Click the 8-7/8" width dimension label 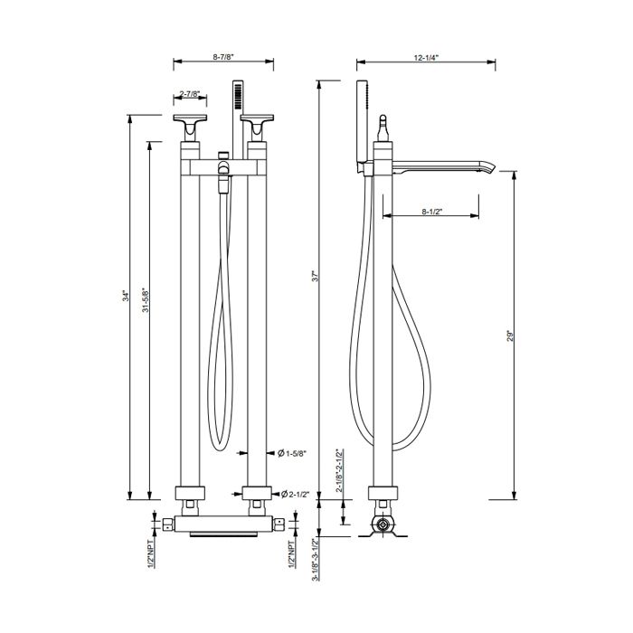coord(223,56)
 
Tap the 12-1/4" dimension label coord(426,57)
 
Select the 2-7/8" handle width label coord(190,94)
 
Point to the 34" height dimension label coord(127,296)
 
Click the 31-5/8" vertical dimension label coord(146,299)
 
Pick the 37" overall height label coord(316,276)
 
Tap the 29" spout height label coord(510,336)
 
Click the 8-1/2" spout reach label coord(432,211)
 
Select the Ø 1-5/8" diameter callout coord(292,453)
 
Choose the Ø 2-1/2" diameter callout coord(294,494)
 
